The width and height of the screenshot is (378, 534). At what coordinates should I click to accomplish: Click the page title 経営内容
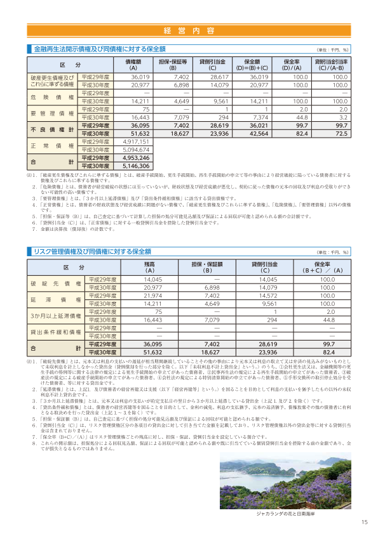pos(189,30)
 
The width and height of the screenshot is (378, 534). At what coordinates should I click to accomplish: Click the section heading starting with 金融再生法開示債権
pos(100,49)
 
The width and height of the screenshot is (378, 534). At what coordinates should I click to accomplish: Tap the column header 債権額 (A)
pos(133,65)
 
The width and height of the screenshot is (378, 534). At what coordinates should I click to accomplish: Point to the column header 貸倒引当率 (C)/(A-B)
pos(332,65)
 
